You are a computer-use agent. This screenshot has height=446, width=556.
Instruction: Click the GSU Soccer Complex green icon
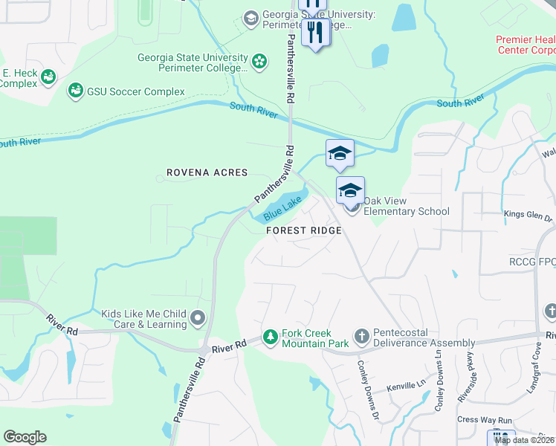75,91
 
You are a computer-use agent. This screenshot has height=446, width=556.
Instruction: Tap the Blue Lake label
282,209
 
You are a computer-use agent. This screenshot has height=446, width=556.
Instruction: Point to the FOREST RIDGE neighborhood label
305,231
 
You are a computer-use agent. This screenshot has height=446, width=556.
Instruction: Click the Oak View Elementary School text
406,211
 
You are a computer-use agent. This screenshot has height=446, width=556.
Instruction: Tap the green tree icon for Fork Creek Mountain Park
271,337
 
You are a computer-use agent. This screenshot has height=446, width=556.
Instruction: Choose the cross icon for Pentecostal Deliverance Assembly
361,337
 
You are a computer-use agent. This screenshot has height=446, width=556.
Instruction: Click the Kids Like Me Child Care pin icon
198,319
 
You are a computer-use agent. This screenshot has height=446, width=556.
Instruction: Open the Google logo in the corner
25,437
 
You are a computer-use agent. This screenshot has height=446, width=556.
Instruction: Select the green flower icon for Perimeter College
259,61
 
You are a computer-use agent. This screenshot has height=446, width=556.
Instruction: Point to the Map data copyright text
524,440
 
